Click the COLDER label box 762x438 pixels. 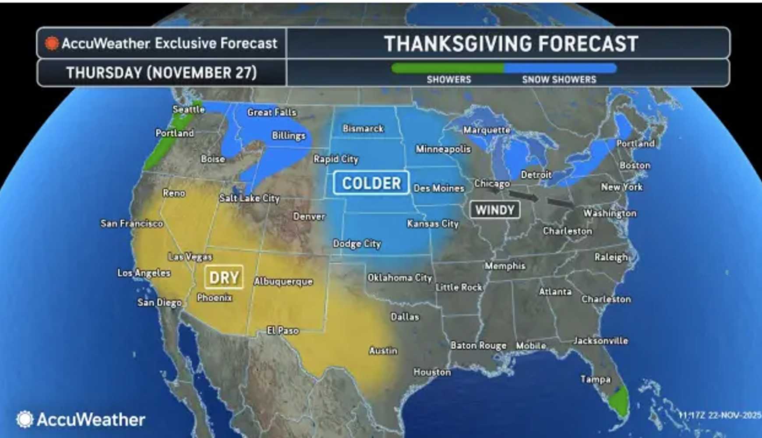point(371,183)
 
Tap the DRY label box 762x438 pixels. point(224,277)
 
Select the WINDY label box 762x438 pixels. point(495,210)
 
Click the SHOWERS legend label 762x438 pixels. point(448,80)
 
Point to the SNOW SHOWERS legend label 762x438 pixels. point(559,80)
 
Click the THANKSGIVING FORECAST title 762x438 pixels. point(511,44)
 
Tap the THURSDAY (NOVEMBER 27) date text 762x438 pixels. point(161,73)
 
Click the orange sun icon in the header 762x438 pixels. point(52,43)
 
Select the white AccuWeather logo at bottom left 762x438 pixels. point(81,419)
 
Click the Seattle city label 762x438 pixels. point(188,109)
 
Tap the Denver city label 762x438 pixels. point(309,216)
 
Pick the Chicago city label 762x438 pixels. point(492,183)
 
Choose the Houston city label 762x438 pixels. point(432,372)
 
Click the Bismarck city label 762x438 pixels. point(363,128)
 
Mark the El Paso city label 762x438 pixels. point(282,331)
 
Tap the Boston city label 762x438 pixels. point(635,165)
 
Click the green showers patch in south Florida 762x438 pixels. point(618,401)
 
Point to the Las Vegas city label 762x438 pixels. point(190,257)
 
